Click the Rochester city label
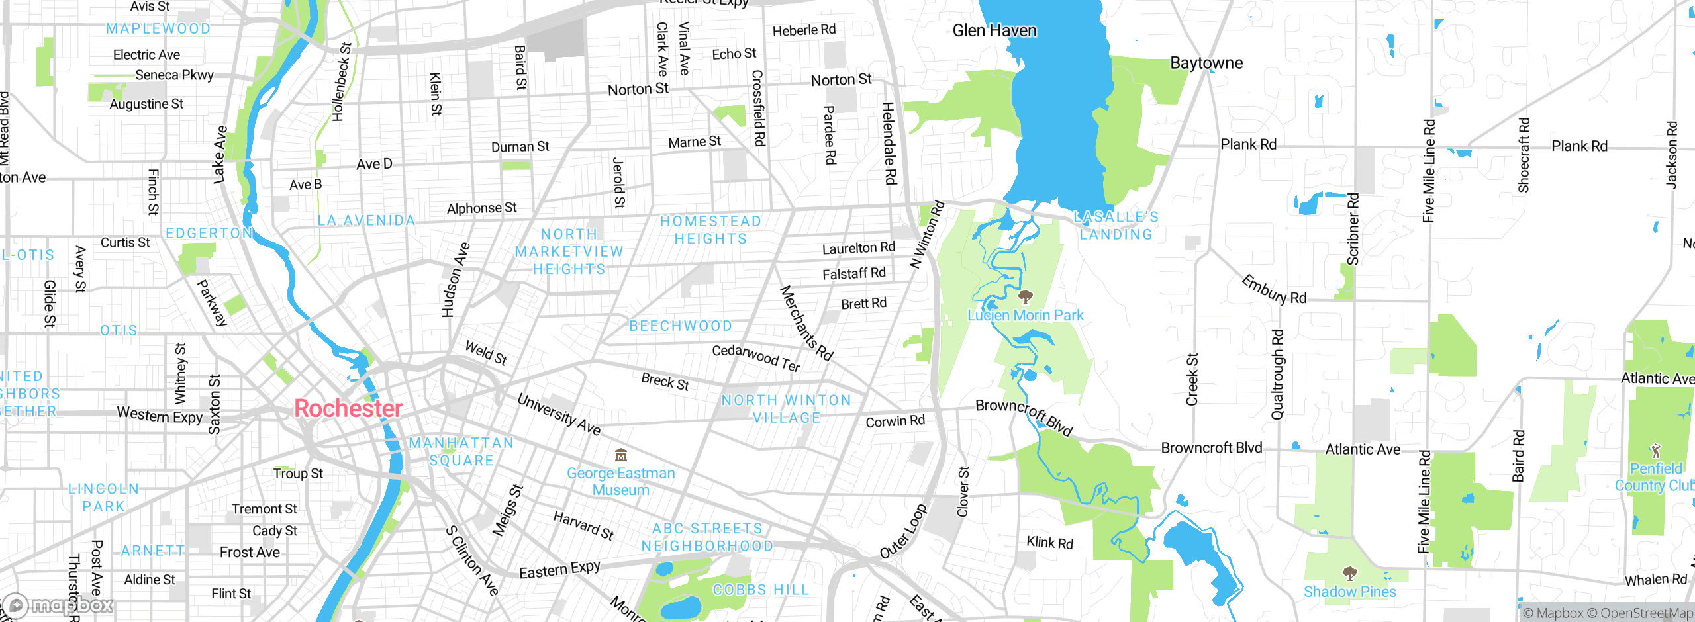coord(348,408)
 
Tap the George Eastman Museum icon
coord(621,455)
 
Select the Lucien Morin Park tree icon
coord(1025,296)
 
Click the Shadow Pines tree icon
coord(1349,573)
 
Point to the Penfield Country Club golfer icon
coord(1655,451)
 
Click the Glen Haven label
coord(994,30)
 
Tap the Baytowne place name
coord(1206,63)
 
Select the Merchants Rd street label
coord(806,323)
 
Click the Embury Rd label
coord(1273,290)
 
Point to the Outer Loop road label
coord(904,531)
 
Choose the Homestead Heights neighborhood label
coord(710,230)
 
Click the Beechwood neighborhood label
coord(681,326)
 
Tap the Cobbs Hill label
coord(760,590)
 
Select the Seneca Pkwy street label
coord(174,75)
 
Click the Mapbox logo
coord(60,605)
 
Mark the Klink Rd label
coord(1049,543)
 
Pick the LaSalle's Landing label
coord(1116,225)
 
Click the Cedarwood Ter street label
coord(755,357)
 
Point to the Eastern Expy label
coord(559,570)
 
